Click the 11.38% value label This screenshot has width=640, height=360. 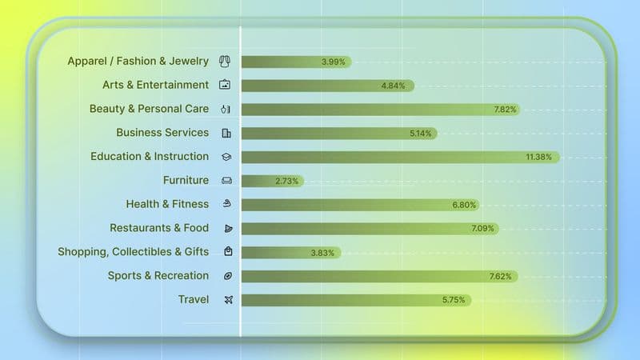538,157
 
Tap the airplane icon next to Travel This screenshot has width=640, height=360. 227,300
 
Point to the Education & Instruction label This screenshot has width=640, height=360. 150,157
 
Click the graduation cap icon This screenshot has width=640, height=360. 227,157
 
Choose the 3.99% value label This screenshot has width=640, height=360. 333,62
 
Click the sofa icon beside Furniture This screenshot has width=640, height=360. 227,181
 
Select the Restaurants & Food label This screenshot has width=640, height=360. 159,228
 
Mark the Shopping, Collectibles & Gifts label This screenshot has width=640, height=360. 133,252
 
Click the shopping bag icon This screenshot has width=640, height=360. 228,252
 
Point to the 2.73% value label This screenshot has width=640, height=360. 286,181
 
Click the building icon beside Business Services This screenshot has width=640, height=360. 227,133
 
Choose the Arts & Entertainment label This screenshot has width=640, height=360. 155,85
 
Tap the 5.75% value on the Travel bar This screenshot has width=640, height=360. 454,300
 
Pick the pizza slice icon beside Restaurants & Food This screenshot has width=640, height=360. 227,228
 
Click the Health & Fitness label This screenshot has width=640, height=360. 167,204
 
